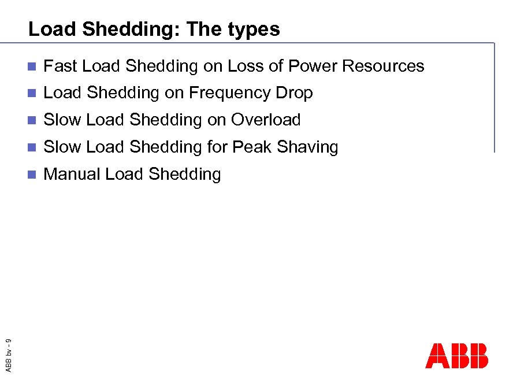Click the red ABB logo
(456, 356)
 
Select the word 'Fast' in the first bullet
(61, 66)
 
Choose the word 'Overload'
(266, 120)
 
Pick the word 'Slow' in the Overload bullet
(62, 120)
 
